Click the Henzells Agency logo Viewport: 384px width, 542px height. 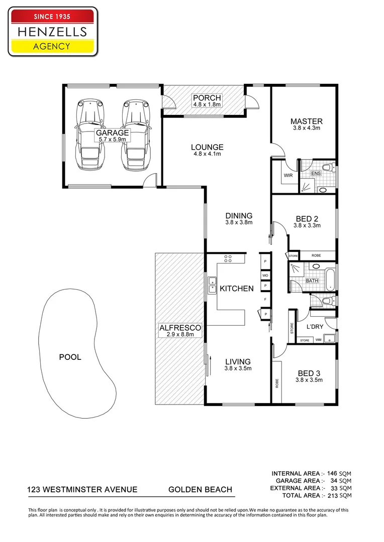coord(53,32)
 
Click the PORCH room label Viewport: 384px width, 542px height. coord(207,98)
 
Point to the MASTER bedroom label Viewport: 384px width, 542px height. coord(307,121)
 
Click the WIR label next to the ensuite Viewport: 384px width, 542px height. coord(288,175)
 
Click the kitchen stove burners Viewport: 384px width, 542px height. coord(228,258)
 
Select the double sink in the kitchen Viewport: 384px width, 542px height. coord(212,285)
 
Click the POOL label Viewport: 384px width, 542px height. coord(70,357)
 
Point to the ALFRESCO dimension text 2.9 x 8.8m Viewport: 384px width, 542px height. coord(180,334)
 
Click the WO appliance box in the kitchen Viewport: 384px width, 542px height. coord(265,276)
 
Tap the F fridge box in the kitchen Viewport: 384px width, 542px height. coord(265,299)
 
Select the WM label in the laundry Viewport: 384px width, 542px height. coord(318,340)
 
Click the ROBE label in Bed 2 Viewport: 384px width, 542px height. coord(316,255)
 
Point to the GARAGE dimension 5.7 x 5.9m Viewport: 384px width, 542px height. coord(112,140)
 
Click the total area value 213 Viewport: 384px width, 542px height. coord(331,495)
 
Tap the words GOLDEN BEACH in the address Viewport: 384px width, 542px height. coord(200,489)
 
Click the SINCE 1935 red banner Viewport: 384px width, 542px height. coord(52,16)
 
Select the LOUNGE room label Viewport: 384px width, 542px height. coord(207,147)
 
